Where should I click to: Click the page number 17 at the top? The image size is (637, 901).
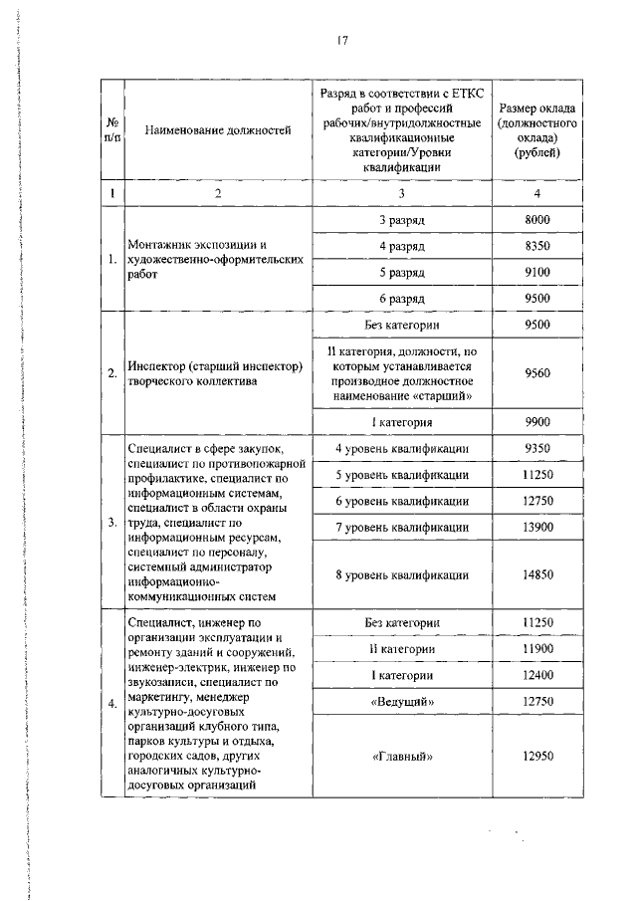click(341, 41)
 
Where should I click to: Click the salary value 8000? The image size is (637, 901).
click(536, 219)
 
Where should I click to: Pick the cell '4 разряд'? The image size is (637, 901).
click(402, 245)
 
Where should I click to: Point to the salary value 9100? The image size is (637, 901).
click(536, 272)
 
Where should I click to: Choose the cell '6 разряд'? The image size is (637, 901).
click(402, 298)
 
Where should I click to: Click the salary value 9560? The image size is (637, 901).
click(536, 373)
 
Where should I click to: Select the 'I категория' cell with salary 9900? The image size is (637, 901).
click(402, 422)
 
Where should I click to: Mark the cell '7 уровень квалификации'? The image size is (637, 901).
click(402, 527)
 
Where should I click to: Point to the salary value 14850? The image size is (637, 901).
click(536, 574)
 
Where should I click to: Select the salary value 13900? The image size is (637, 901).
click(536, 527)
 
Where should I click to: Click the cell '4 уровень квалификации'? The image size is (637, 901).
click(402, 449)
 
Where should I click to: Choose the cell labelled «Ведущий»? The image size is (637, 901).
click(402, 702)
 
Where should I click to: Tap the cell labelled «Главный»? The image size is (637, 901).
click(402, 756)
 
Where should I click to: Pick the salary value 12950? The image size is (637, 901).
click(536, 756)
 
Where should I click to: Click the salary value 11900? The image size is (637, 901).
click(536, 650)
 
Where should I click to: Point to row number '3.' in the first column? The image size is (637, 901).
click(111, 522)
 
